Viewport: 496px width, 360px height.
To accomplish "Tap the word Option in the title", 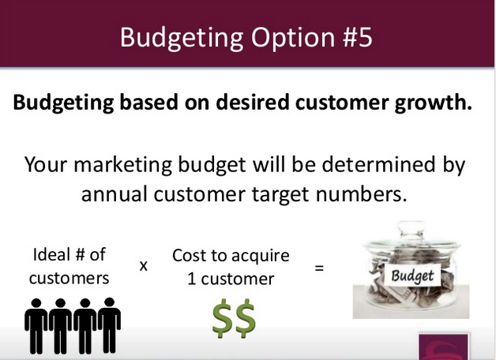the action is [293, 39].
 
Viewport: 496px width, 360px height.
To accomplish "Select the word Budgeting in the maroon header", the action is [182, 39].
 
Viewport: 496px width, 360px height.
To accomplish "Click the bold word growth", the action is [433, 103].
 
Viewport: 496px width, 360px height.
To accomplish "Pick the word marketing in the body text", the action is [122, 165].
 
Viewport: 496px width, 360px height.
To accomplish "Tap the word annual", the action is [115, 193].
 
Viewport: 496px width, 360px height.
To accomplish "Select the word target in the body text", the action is [280, 195].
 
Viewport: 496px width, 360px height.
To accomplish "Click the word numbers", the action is [361, 193].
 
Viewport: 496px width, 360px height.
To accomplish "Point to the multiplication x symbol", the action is [143, 266].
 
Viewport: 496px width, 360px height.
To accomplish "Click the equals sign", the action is [319, 268].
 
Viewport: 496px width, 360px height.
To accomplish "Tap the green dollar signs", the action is [234, 318].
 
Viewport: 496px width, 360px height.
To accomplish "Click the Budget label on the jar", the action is [411, 276].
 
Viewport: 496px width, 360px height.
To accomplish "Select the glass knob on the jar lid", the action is [411, 229].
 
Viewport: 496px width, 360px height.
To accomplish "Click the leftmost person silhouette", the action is [36, 326].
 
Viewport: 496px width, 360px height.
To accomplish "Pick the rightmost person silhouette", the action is [109, 325].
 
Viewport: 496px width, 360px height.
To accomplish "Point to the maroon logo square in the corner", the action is [444, 347].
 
